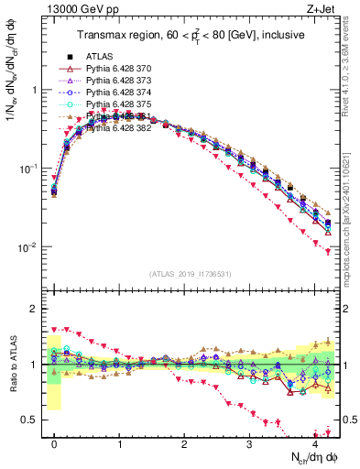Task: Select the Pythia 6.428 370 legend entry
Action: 115,69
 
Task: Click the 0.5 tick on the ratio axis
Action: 31,420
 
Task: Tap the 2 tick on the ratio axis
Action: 35,309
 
